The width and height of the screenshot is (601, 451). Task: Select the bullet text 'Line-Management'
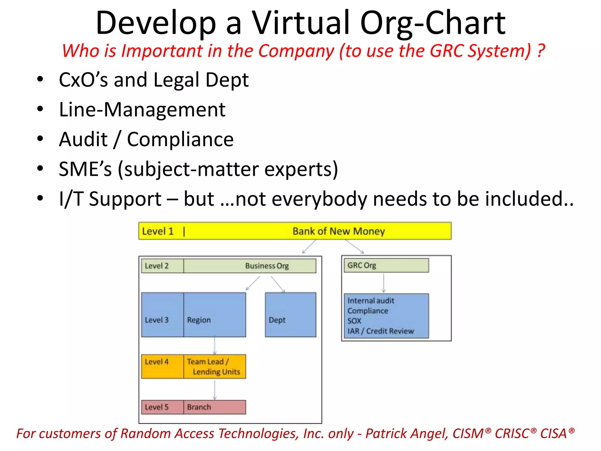(142, 110)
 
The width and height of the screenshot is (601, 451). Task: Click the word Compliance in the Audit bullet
(180, 139)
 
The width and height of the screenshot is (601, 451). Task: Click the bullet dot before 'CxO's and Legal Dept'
(40, 79)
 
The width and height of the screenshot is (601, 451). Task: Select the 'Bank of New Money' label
(339, 231)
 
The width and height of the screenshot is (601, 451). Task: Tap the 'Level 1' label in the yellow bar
(158, 231)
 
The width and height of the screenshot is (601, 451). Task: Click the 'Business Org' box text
(267, 266)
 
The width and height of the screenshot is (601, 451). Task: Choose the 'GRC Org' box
(386, 265)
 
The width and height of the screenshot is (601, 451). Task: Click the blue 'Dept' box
(290, 315)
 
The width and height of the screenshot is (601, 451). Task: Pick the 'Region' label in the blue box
(199, 320)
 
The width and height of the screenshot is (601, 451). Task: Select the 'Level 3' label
(157, 320)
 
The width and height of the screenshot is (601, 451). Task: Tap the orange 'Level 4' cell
(162, 366)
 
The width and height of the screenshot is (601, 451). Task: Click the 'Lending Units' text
(217, 372)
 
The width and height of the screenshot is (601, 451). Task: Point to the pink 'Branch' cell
(215, 407)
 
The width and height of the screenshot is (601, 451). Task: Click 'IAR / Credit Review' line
(381, 331)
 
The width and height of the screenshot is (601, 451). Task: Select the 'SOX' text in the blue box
(354, 321)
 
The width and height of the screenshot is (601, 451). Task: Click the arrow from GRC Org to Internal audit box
(384, 283)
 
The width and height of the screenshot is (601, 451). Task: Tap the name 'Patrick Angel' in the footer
(407, 434)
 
